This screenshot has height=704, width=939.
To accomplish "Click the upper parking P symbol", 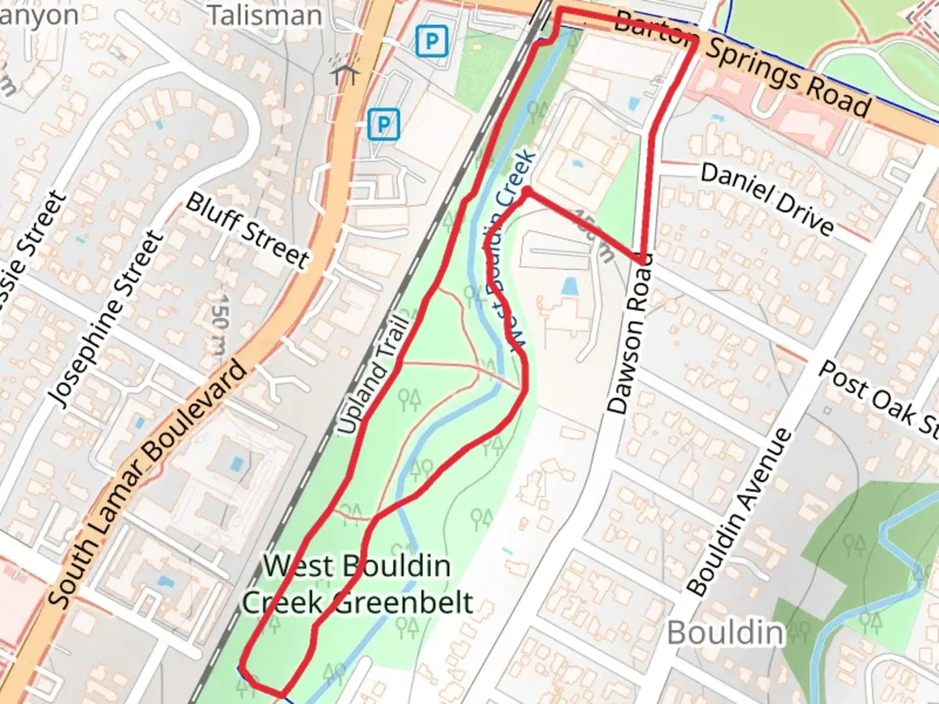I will click(x=432, y=42).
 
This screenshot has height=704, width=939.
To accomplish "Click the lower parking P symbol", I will click(x=383, y=124).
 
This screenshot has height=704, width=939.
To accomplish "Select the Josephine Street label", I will click(x=106, y=319).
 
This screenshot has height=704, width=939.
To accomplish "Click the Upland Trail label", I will click(x=373, y=375).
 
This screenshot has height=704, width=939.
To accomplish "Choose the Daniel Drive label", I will click(x=767, y=198).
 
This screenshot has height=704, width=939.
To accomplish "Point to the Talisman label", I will click(x=264, y=15).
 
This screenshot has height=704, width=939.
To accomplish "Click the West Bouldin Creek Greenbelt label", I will click(x=357, y=584).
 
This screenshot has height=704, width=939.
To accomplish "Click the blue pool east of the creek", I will click(x=569, y=286).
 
